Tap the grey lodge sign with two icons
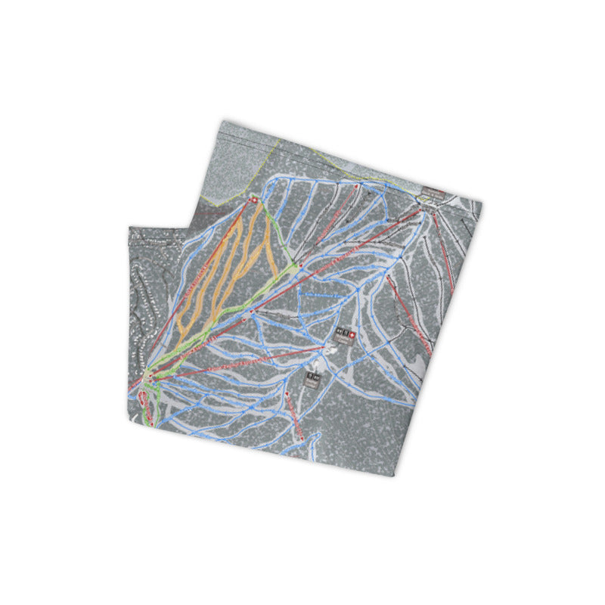[x=312, y=375]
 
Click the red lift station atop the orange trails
[x=254, y=200]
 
